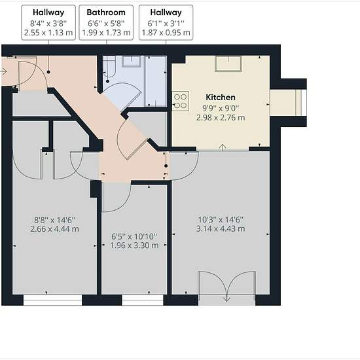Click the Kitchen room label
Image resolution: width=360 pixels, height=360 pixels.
pyautogui.click(x=221, y=98)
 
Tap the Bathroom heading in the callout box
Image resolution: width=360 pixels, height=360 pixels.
pyautogui.click(x=106, y=12)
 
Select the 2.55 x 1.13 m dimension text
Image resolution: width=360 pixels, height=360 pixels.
pyautogui.click(x=48, y=33)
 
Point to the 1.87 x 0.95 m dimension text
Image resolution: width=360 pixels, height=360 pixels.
pyautogui.click(x=166, y=33)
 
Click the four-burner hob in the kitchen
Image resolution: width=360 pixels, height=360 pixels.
pyautogui.click(x=181, y=101)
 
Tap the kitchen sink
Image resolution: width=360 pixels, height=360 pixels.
pyautogui.click(x=228, y=63)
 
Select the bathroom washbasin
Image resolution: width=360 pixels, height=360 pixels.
pyautogui.click(x=131, y=61)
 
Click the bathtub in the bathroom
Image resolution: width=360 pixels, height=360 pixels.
pyautogui.click(x=109, y=66)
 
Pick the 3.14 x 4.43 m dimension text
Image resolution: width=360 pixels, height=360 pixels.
pyautogui.click(x=221, y=228)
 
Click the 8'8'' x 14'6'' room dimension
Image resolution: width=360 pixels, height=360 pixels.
pyautogui.click(x=54, y=220)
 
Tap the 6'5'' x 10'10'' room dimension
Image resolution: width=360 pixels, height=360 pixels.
pyautogui.click(x=134, y=236)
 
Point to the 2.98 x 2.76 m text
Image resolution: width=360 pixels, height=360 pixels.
pyautogui.click(x=221, y=118)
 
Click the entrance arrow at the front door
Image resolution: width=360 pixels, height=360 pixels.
pyautogui.click(x=4, y=72)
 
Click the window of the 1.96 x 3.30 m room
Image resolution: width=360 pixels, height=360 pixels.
pyautogui.click(x=142, y=300)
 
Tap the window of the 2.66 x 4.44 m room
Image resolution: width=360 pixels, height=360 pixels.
pyautogui.click(x=52, y=300)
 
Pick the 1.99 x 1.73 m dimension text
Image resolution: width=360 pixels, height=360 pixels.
pyautogui.click(x=106, y=33)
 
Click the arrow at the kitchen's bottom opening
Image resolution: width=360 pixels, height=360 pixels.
pyautogui.click(x=223, y=147)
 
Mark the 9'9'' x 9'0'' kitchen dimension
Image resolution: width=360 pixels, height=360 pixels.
pyautogui.click(x=221, y=108)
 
